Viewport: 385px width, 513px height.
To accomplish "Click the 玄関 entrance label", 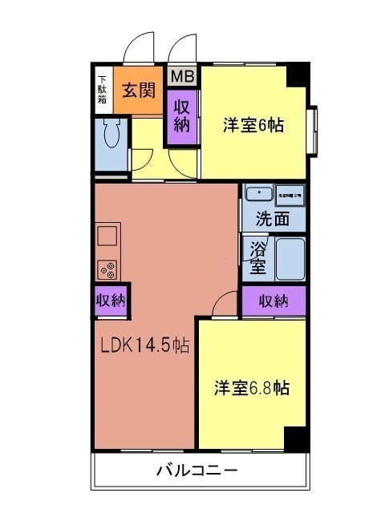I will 138,89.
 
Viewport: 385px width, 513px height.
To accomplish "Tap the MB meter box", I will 182,77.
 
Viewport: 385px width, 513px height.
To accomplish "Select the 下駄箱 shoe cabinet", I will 103,90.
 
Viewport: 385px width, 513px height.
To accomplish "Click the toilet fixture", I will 111,133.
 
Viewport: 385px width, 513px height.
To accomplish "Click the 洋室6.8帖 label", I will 251,388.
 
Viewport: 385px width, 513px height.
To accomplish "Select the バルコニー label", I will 197,470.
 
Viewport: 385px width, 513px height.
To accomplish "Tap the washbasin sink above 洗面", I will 258,195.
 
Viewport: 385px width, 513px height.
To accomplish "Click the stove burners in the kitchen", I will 107,269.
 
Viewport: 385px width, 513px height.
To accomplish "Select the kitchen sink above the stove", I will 107,236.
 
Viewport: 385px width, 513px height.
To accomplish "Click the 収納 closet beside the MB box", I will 182,115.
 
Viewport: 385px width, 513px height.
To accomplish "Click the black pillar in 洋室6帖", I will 298,74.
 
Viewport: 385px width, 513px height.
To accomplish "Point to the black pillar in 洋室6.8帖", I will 296,438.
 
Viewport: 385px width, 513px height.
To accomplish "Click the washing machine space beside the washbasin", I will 288,195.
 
